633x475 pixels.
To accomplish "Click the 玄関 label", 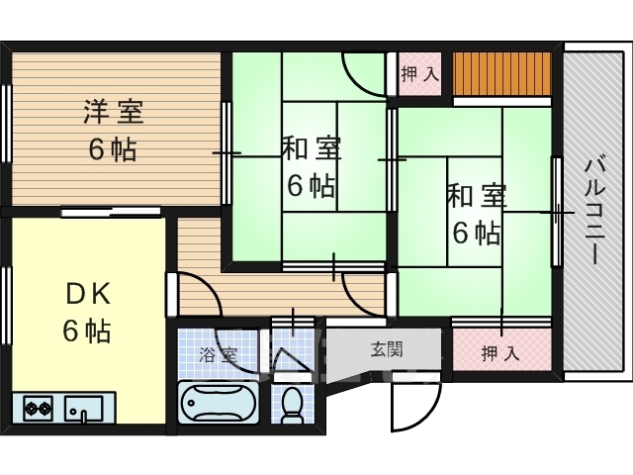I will pyautogui.click(x=386, y=348).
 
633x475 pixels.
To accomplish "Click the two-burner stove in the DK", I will pyautogui.click(x=38, y=406).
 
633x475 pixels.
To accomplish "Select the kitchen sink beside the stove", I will pyautogui.click(x=82, y=406).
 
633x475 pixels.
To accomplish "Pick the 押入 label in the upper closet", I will pyautogui.click(x=419, y=73).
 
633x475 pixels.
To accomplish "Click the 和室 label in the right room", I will pyautogui.click(x=477, y=196).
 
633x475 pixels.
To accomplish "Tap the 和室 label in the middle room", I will pyautogui.click(x=312, y=149).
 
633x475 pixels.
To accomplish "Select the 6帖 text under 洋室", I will pyautogui.click(x=112, y=150).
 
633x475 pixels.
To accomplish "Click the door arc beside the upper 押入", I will pyautogui.click(x=360, y=72).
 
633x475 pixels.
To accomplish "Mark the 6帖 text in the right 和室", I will pyautogui.click(x=477, y=234).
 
